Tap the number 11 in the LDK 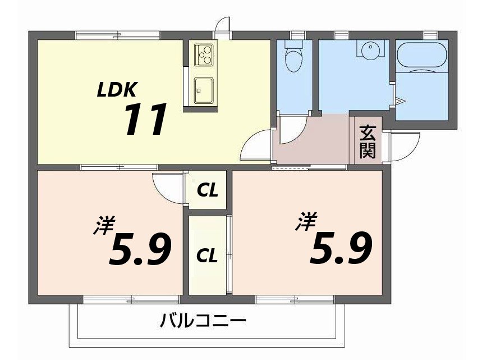pos(145,120)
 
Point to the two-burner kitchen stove pos(203,54)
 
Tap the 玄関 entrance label pos(367,141)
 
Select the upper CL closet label pos(207,191)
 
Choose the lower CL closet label pos(207,256)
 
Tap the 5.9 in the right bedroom pos(342,248)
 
